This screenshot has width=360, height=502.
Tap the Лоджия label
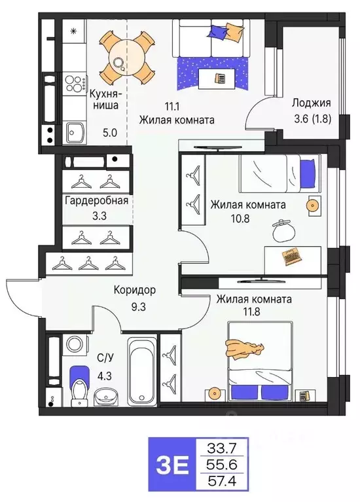tap(312, 103)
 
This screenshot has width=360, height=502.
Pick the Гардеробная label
tap(96, 201)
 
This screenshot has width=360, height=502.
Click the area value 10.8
tap(222, 219)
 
